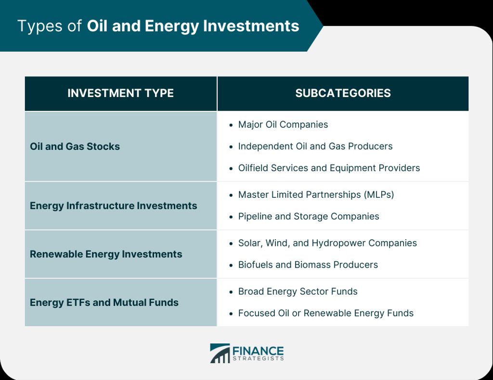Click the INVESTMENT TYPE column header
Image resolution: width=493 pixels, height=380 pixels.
pyautogui.click(x=120, y=93)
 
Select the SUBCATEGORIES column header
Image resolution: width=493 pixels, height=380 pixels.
pyautogui.click(x=343, y=93)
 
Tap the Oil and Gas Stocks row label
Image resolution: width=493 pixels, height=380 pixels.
pyautogui.click(x=75, y=147)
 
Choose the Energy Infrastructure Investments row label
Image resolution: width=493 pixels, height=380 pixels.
pyautogui.click(x=114, y=205)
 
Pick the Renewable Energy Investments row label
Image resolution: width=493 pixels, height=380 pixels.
pyautogui.click(x=106, y=254)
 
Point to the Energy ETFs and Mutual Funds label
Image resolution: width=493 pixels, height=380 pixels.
pyautogui.click(x=104, y=302)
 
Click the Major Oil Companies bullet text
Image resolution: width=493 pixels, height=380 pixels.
pyautogui.click(x=283, y=125)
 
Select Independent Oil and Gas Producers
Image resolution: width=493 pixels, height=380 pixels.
pyautogui.click(x=315, y=147)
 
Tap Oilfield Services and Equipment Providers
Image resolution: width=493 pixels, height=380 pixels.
pyautogui.click(x=329, y=168)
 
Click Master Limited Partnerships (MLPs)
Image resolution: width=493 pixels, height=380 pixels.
pyautogui.click(x=316, y=194)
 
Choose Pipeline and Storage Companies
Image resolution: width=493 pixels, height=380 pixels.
pyautogui.click(x=309, y=217)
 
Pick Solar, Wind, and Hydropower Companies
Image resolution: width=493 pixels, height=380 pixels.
pyautogui.click(x=327, y=243)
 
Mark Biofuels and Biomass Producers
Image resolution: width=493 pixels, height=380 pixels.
pyautogui.click(x=308, y=265)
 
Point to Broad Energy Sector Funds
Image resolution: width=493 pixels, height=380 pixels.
pyautogui.click(x=298, y=292)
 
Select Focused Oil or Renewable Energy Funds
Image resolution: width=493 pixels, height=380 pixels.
pyautogui.click(x=326, y=313)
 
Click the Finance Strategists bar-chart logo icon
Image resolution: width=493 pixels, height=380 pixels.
pyautogui.click(x=220, y=353)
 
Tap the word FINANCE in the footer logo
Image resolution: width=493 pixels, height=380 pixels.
pyautogui.click(x=258, y=351)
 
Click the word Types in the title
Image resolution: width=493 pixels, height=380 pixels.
pyautogui.click(x=40, y=26)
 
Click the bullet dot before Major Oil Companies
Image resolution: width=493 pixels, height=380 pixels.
pyautogui.click(x=231, y=125)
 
